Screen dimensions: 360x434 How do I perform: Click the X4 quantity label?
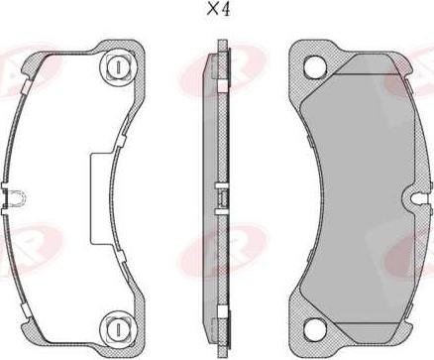[x=217, y=12]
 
